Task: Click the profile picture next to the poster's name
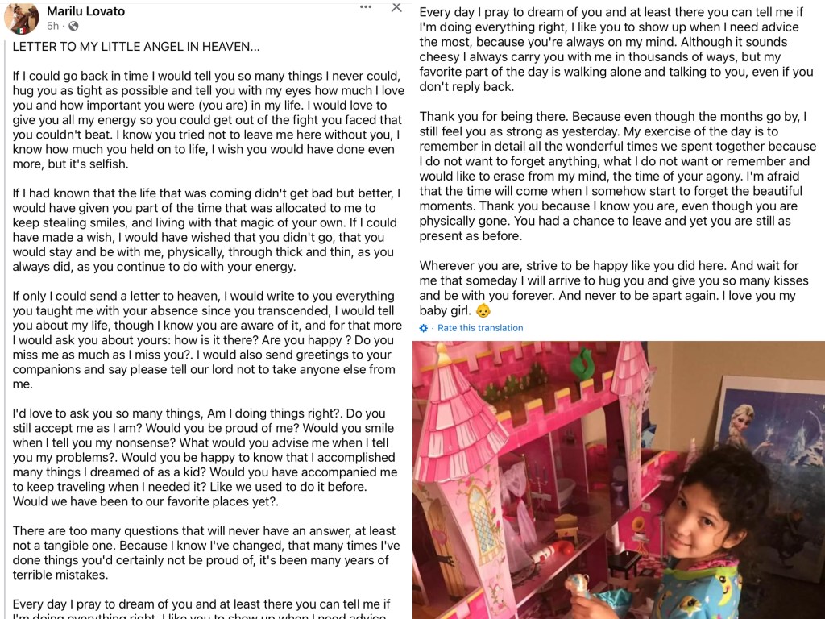click(22, 18)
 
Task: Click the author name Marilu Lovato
click(85, 11)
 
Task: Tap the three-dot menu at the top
click(366, 7)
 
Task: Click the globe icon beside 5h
click(73, 27)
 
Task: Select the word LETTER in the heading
click(37, 48)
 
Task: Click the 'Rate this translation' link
click(480, 328)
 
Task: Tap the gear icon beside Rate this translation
click(424, 328)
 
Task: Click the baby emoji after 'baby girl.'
click(483, 311)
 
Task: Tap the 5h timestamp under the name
click(53, 27)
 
